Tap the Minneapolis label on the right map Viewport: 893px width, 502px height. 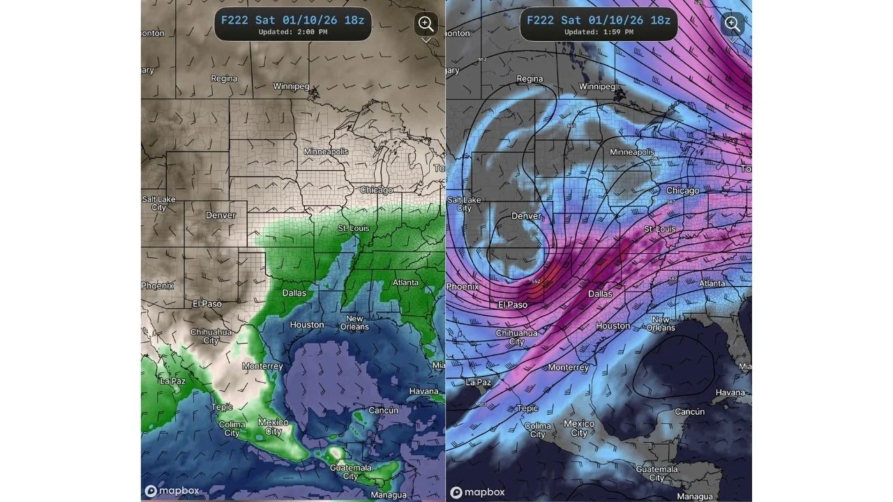(x=632, y=152)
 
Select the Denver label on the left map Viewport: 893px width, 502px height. (x=220, y=215)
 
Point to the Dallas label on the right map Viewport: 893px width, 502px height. (x=600, y=294)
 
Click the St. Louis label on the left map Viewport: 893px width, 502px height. (x=354, y=228)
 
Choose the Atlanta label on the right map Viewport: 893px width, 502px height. (x=712, y=284)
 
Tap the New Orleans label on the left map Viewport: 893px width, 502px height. (x=354, y=323)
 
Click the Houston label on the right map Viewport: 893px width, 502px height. (x=613, y=326)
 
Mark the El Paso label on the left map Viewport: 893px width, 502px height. (x=207, y=304)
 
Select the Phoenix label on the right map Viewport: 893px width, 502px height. (x=463, y=287)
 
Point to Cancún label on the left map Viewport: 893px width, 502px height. (x=383, y=411)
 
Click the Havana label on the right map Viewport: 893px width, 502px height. (x=730, y=393)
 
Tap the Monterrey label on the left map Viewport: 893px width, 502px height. (x=262, y=366)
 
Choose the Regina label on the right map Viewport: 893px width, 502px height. (x=530, y=79)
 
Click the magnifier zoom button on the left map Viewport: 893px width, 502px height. (x=426, y=24)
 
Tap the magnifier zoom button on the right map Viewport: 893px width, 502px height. (x=732, y=24)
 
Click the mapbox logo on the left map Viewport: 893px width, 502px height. (x=172, y=491)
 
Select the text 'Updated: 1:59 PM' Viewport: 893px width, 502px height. (x=598, y=32)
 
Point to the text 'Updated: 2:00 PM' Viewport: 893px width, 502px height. (x=292, y=32)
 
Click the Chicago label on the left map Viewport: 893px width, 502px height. (x=377, y=190)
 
